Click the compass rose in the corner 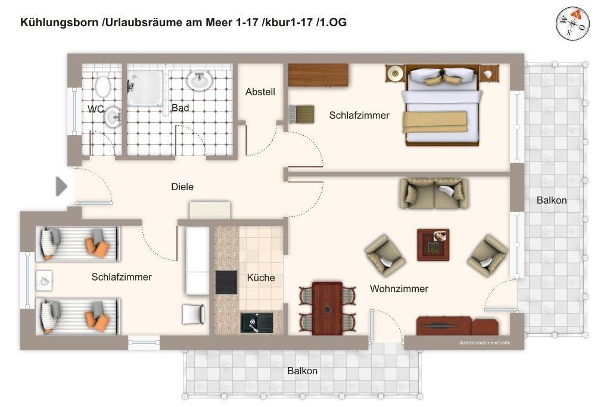[x=572, y=24]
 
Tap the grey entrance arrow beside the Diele [x=61, y=187]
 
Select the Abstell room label [x=260, y=92]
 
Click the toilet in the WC [x=102, y=86]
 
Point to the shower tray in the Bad [x=145, y=88]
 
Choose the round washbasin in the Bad [x=200, y=80]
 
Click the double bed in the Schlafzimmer [x=442, y=105]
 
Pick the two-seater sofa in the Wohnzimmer [x=434, y=194]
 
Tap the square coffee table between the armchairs [x=433, y=245]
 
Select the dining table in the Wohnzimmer [x=328, y=307]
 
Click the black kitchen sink [x=256, y=322]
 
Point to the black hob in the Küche [x=226, y=282]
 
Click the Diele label [x=182, y=187]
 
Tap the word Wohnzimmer [x=399, y=288]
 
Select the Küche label [x=261, y=278]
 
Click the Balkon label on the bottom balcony [x=302, y=371]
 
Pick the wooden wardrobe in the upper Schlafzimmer [x=318, y=74]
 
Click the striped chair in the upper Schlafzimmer [x=302, y=114]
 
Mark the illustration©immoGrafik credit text [x=484, y=343]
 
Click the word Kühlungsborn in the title [x=59, y=23]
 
